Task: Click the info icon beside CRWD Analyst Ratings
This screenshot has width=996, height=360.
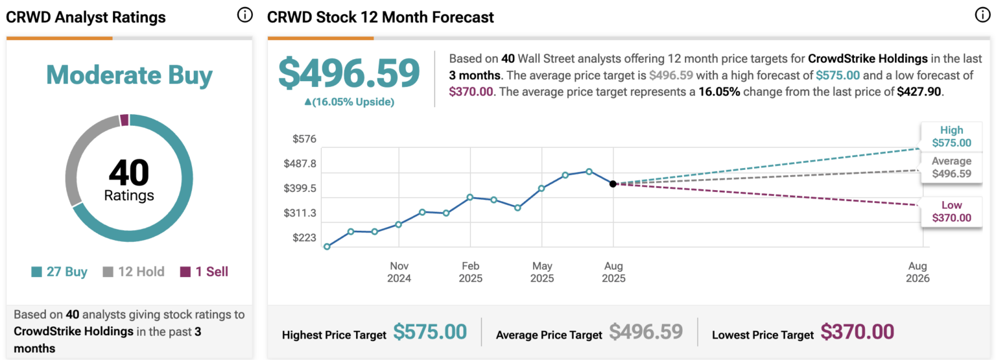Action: click(x=244, y=16)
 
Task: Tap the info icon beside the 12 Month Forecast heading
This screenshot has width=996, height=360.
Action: click(x=982, y=16)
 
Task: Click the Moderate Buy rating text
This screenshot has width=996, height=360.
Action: click(x=129, y=76)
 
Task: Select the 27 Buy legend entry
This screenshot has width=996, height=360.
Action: click(x=59, y=272)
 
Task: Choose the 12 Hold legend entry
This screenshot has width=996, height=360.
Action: click(x=134, y=272)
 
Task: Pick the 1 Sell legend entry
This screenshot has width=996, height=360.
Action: click(x=204, y=272)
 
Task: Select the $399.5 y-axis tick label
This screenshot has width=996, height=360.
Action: click(x=300, y=188)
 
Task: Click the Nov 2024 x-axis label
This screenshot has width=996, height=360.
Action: click(x=399, y=272)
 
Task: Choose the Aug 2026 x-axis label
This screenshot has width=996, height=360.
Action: click(x=918, y=272)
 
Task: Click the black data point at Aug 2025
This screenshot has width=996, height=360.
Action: click(x=613, y=184)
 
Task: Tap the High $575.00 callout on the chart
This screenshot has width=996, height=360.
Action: click(x=951, y=136)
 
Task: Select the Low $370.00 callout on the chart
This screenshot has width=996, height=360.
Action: click(x=951, y=211)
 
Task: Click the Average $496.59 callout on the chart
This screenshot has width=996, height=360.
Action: click(x=951, y=167)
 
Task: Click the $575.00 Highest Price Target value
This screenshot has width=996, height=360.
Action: click(x=430, y=332)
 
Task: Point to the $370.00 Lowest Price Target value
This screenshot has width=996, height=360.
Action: click(x=857, y=332)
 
